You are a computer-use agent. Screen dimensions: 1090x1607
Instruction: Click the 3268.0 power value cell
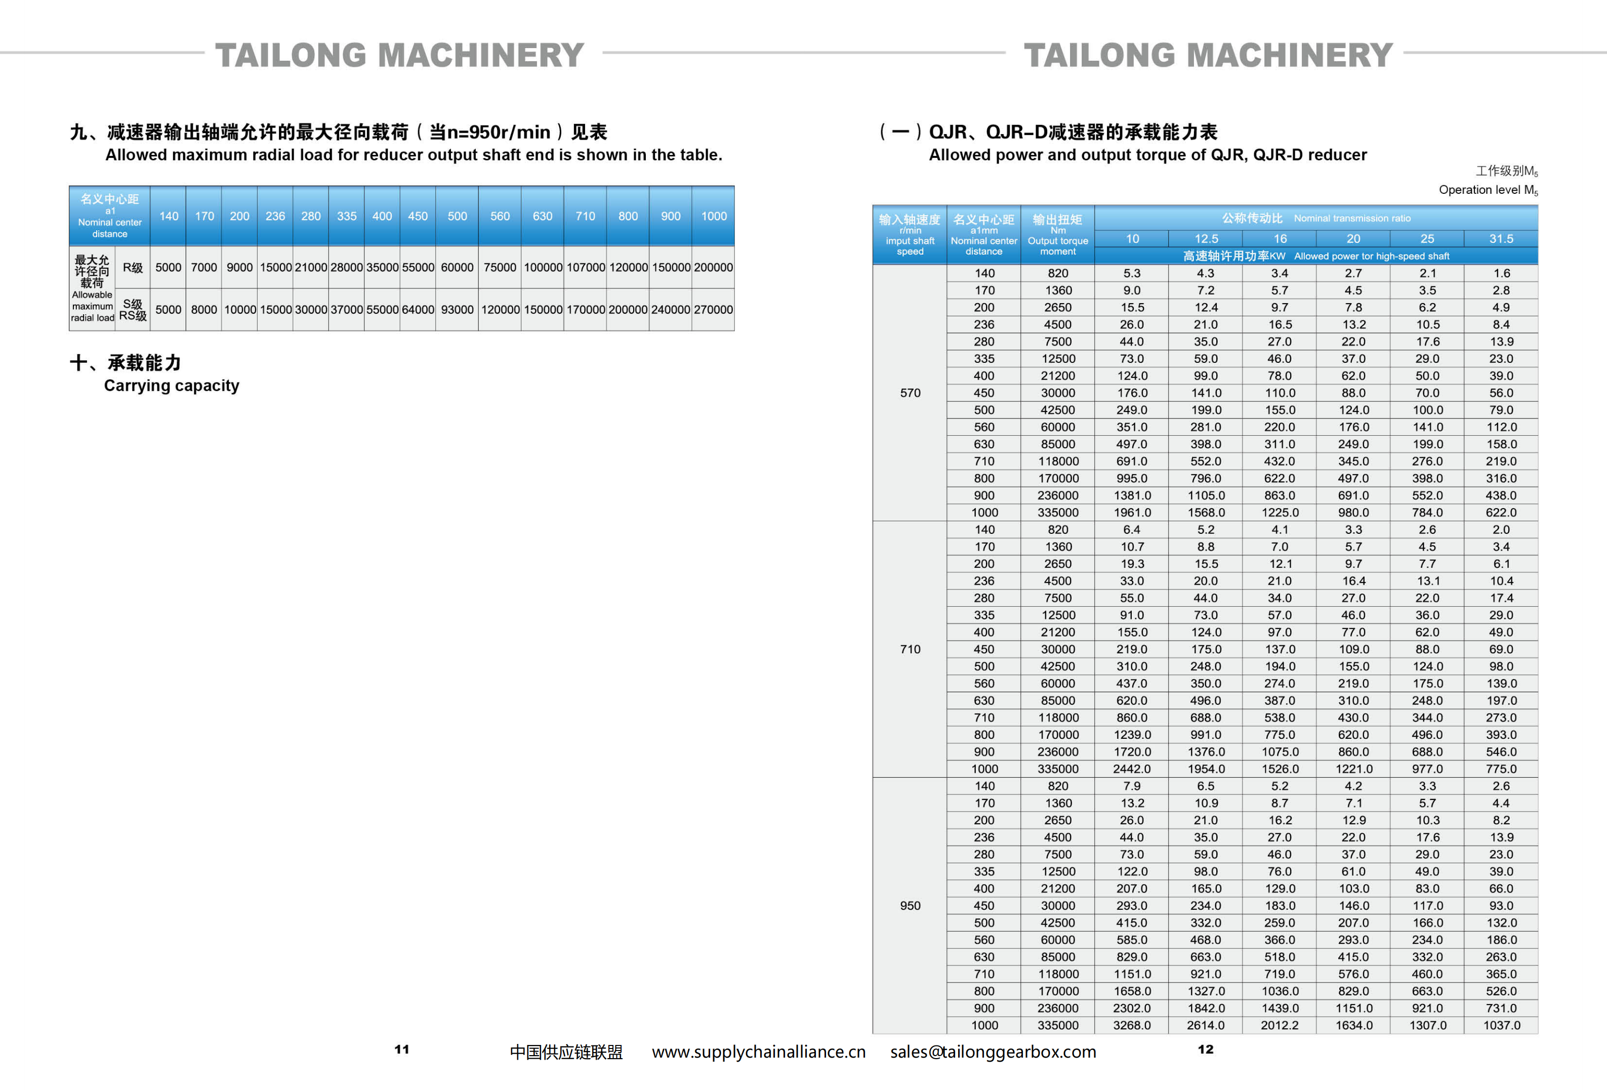tap(1131, 1025)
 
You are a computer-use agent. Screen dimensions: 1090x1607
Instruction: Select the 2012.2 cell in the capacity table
tap(1279, 1025)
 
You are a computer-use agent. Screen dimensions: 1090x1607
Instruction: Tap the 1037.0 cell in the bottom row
tap(1501, 1025)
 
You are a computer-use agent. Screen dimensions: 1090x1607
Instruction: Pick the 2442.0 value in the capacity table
tap(1131, 769)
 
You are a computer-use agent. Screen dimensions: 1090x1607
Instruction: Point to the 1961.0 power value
tap(1131, 512)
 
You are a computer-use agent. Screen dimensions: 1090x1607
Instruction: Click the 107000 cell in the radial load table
tap(586, 268)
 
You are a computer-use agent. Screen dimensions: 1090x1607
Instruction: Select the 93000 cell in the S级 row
tap(457, 310)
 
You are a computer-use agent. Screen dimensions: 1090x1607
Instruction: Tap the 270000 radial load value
tap(713, 310)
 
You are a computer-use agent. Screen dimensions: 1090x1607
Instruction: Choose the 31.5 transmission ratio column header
tap(1501, 238)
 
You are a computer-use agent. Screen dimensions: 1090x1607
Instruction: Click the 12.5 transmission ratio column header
tap(1206, 238)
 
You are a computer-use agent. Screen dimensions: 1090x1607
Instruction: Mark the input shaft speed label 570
tap(910, 393)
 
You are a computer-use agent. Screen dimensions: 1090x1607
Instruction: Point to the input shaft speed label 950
tap(910, 905)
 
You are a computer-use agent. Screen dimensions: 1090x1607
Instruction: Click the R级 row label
tap(133, 268)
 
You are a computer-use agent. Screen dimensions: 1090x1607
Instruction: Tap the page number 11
tap(402, 1049)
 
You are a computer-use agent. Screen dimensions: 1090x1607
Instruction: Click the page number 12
tap(1205, 1049)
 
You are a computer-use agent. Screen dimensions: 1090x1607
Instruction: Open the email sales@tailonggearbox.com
tap(993, 1052)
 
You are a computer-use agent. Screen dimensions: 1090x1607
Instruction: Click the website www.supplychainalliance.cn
tap(759, 1052)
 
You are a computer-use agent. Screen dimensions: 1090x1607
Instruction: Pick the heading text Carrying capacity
tap(172, 386)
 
